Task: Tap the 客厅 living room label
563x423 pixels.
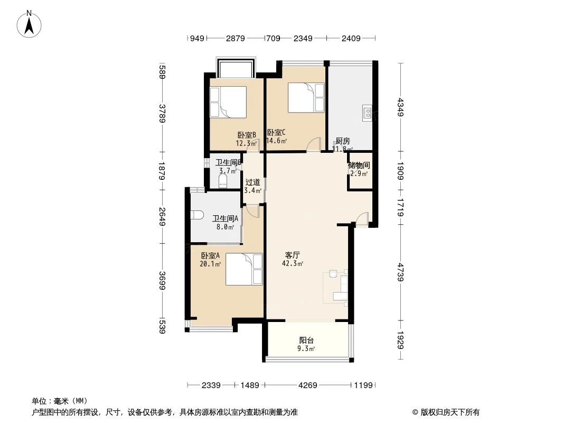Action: [x=293, y=254]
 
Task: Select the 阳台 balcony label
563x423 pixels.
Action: [x=306, y=341]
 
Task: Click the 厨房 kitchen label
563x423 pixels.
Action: [x=342, y=141]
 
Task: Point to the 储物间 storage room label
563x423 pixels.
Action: [x=359, y=165]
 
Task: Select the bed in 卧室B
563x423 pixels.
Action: [x=228, y=102]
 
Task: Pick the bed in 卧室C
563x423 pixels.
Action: [x=306, y=97]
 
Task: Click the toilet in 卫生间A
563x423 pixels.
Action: [x=196, y=215]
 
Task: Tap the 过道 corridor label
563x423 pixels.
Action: [x=252, y=182]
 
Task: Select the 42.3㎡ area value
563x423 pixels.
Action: [x=294, y=263]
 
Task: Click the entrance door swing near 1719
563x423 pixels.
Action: [x=362, y=219]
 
